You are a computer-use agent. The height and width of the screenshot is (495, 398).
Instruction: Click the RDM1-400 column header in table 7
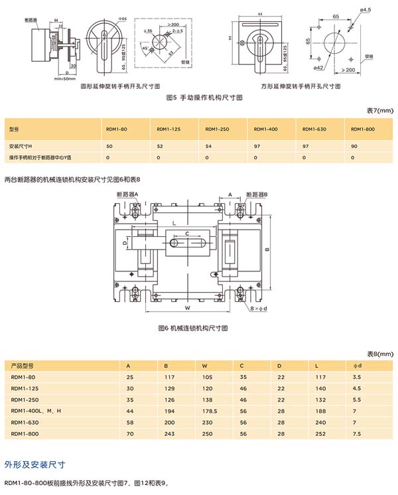tap(261, 129)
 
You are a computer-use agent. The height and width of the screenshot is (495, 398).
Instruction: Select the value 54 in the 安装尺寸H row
tap(208, 145)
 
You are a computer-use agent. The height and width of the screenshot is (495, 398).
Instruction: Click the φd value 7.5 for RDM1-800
tap(358, 433)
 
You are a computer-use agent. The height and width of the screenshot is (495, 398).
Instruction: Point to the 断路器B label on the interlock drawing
tap(255, 194)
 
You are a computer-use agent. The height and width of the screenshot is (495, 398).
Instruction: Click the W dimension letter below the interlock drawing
tap(188, 308)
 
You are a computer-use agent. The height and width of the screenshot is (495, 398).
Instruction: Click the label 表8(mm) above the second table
tap(379, 354)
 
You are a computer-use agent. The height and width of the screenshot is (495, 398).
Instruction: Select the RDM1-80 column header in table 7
tap(117, 129)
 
